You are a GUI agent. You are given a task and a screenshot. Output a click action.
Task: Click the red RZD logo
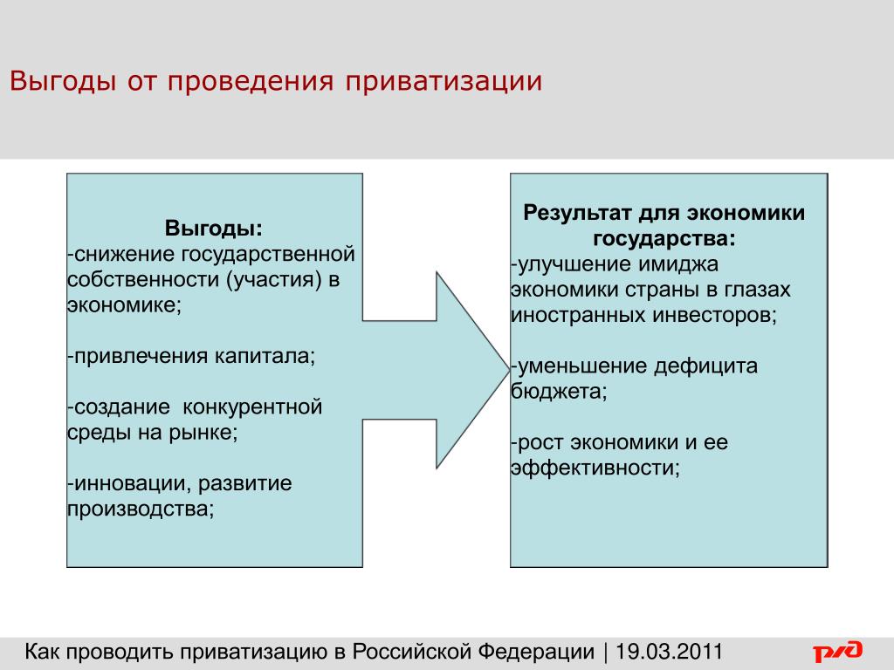tap(837, 651)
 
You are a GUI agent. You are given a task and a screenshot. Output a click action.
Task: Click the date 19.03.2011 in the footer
tap(669, 651)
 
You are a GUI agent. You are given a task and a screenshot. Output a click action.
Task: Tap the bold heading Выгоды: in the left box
tap(214, 228)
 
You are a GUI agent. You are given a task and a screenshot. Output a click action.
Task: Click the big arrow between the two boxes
tap(437, 370)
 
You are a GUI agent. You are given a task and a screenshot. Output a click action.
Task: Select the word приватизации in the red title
tap(443, 81)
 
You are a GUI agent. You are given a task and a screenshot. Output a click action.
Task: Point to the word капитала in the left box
tap(265, 356)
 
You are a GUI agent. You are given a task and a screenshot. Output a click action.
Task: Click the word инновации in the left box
tap(133, 483)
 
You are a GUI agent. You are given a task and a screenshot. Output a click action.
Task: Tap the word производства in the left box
tap(141, 509)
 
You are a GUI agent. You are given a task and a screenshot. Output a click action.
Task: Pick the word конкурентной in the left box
tap(252, 407)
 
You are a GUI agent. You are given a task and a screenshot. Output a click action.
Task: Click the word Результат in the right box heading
tap(578, 213)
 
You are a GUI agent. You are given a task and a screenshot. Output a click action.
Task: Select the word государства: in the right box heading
tap(664, 238)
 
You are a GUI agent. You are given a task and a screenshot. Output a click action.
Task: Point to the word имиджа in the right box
tap(678, 264)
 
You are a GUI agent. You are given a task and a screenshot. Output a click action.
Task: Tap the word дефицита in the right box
tap(705, 366)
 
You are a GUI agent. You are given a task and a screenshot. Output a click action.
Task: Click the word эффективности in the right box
tap(595, 468)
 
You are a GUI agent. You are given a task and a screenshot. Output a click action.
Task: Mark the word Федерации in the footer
tap(536, 651)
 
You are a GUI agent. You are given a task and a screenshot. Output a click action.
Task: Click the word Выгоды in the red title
tap(63, 81)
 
